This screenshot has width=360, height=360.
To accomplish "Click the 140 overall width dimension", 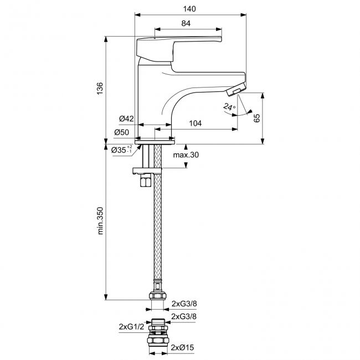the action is point(189,9).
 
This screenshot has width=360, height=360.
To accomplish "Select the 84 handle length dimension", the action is point(186,23).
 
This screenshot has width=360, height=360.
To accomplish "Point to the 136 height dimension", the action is point(100,89).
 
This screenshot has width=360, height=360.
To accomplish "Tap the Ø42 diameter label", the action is point(126,119).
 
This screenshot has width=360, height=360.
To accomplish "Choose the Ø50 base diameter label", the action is point(122,132).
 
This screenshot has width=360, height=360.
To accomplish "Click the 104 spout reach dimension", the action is point(195,124).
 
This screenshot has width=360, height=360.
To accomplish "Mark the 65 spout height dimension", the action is point(257,118).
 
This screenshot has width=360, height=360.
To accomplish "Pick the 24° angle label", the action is point(229,107).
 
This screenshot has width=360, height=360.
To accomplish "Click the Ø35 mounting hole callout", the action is point(122,150).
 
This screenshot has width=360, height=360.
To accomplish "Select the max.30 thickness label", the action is point(186,155).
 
